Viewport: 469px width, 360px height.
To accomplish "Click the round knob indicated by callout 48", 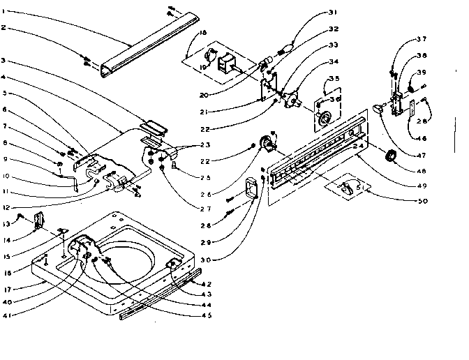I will pos(390,158).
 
